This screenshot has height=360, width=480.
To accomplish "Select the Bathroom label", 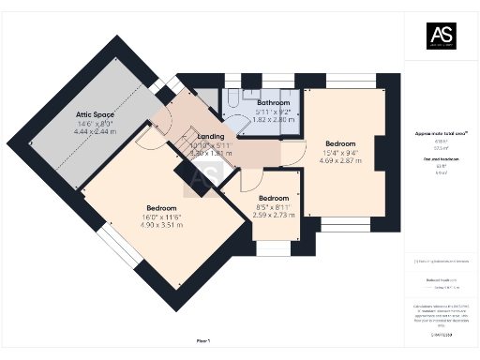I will pyautogui.click(x=274, y=102).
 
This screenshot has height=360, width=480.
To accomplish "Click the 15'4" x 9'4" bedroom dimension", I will pyautogui.click(x=340, y=153).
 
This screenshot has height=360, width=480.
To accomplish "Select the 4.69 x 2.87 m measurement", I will pyautogui.click(x=340, y=161).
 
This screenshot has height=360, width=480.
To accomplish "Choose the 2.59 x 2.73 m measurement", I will pyautogui.click(x=274, y=215).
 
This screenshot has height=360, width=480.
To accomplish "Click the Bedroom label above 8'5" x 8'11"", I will pyautogui.click(x=274, y=198).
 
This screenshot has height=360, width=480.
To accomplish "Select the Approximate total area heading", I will pyautogui.click(x=442, y=134).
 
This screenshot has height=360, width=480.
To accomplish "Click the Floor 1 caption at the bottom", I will pyautogui.click(x=203, y=341).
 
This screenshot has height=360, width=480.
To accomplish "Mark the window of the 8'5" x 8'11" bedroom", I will pyautogui.click(x=273, y=250).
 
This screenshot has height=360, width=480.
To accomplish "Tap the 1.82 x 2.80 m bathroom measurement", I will pyautogui.click(x=274, y=120).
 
